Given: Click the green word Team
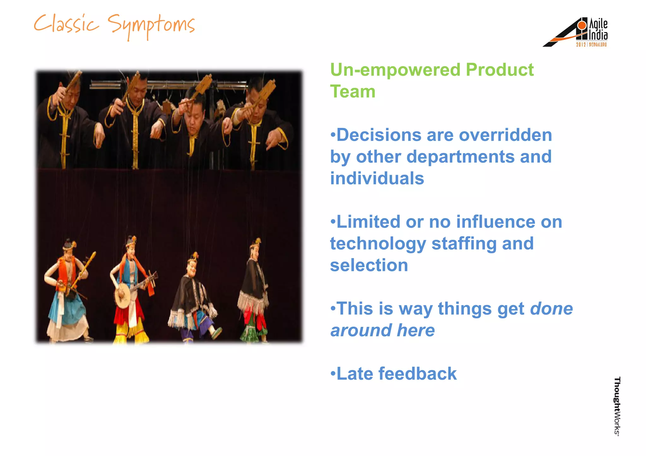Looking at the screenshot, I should pos(353,91).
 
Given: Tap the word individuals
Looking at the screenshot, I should pos(377,178).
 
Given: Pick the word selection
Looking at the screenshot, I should pos(369,265).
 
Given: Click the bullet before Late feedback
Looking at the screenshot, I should pos(333,374).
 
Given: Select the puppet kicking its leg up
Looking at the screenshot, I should pos(194,299).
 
